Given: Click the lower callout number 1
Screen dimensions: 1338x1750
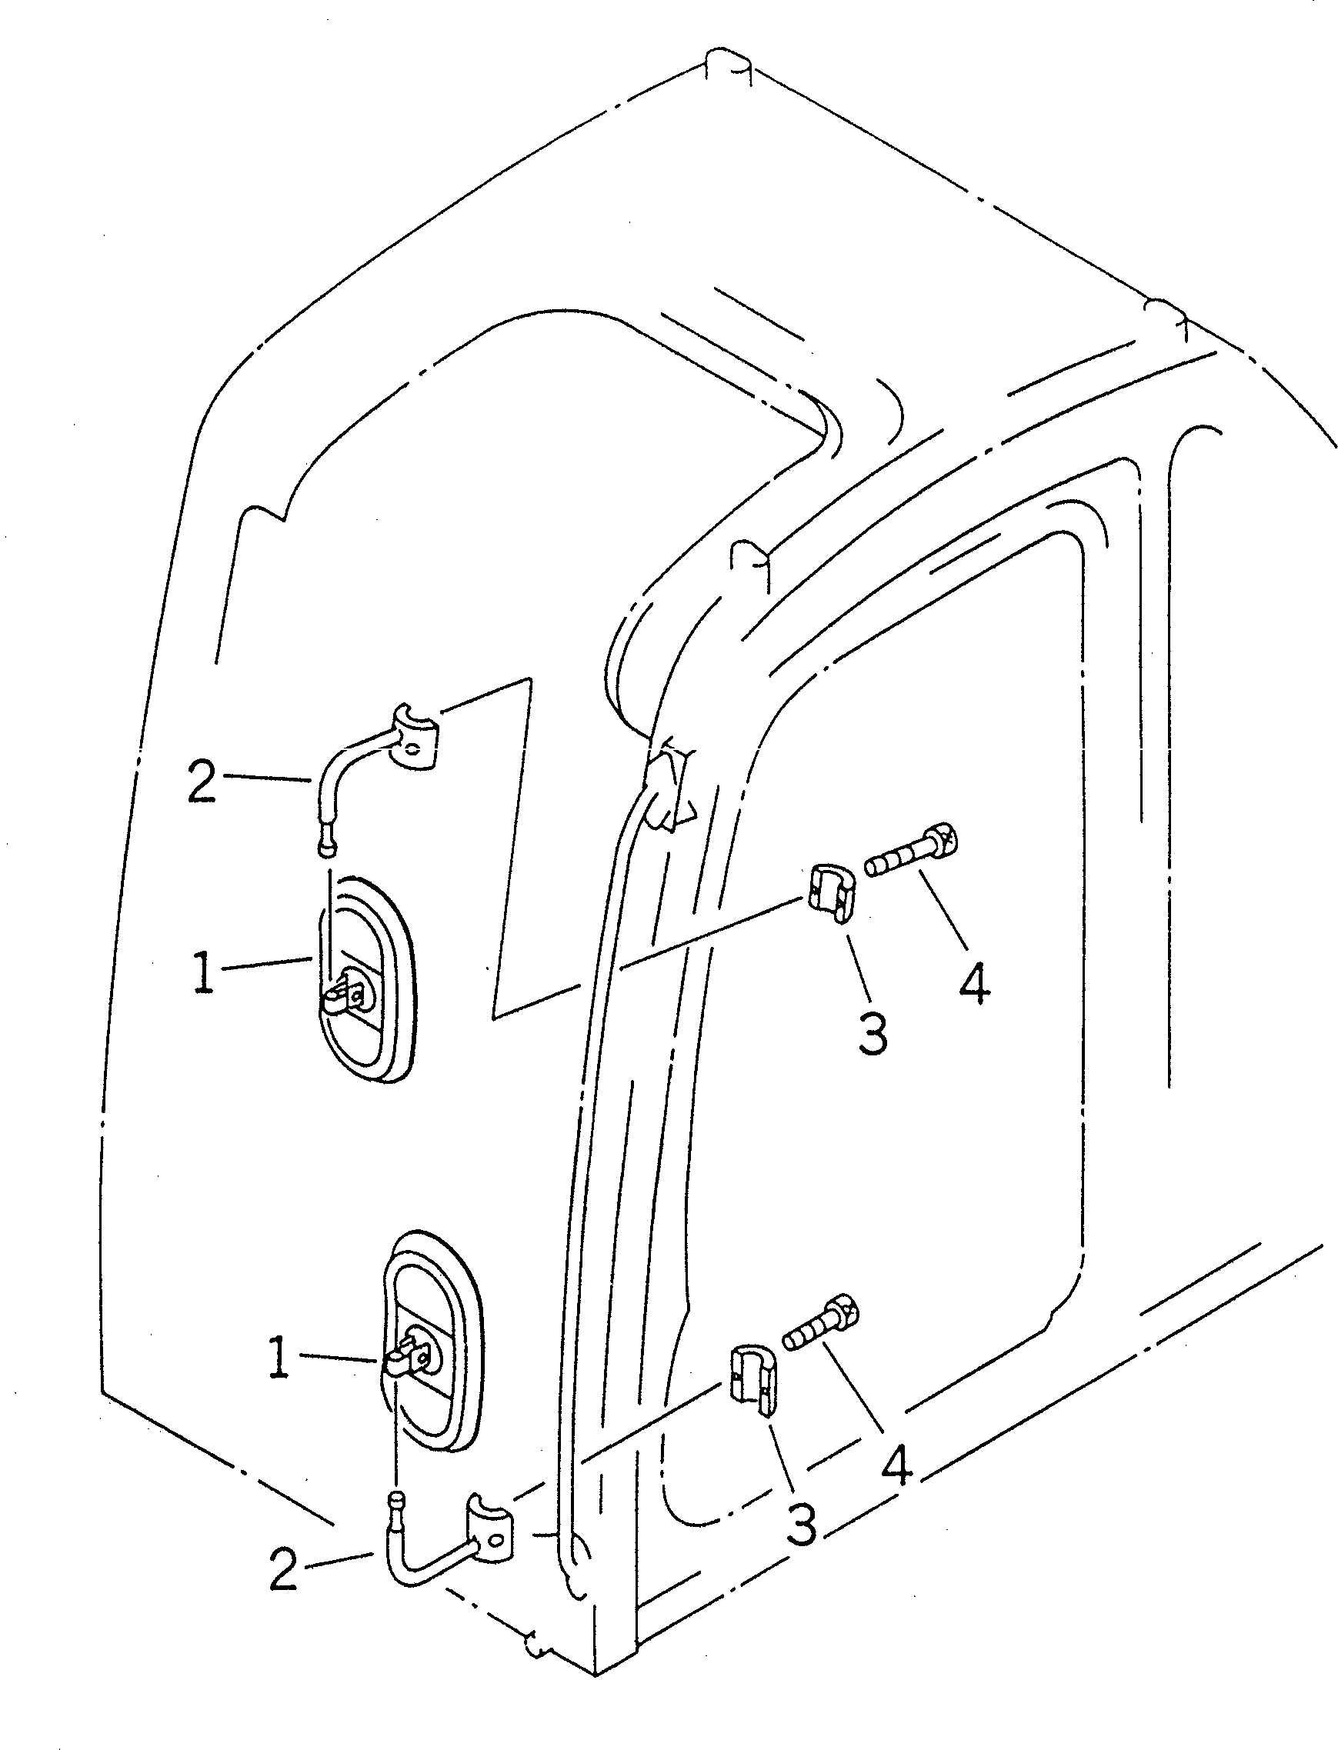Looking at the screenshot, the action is coord(278,1358).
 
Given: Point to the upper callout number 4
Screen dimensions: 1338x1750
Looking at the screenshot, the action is coord(974,982).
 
